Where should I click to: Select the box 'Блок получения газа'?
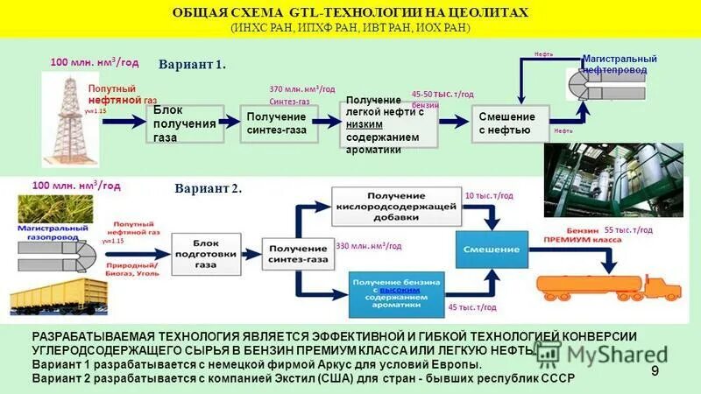pos(183,123)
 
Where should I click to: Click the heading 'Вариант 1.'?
pos(192,65)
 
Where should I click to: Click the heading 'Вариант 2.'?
pos(208,188)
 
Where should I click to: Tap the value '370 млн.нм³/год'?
pos(301,89)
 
